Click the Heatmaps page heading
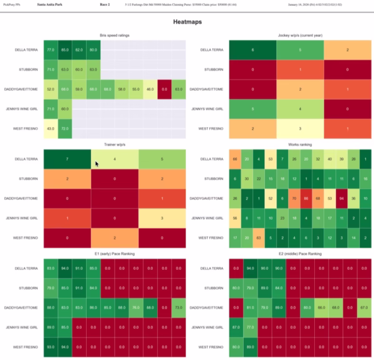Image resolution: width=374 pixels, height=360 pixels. coord(187,22)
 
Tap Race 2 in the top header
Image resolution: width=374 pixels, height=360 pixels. coord(104,4)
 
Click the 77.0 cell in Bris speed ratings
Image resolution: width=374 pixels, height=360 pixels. coord(50,49)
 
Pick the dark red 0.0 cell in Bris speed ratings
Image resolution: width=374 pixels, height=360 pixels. coord(165,89)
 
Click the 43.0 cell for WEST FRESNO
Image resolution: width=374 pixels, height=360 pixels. coord(50,128)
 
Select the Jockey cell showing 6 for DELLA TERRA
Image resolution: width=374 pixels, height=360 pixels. coord(252,49)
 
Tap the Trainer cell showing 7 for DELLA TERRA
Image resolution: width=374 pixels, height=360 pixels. coord(66,159)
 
